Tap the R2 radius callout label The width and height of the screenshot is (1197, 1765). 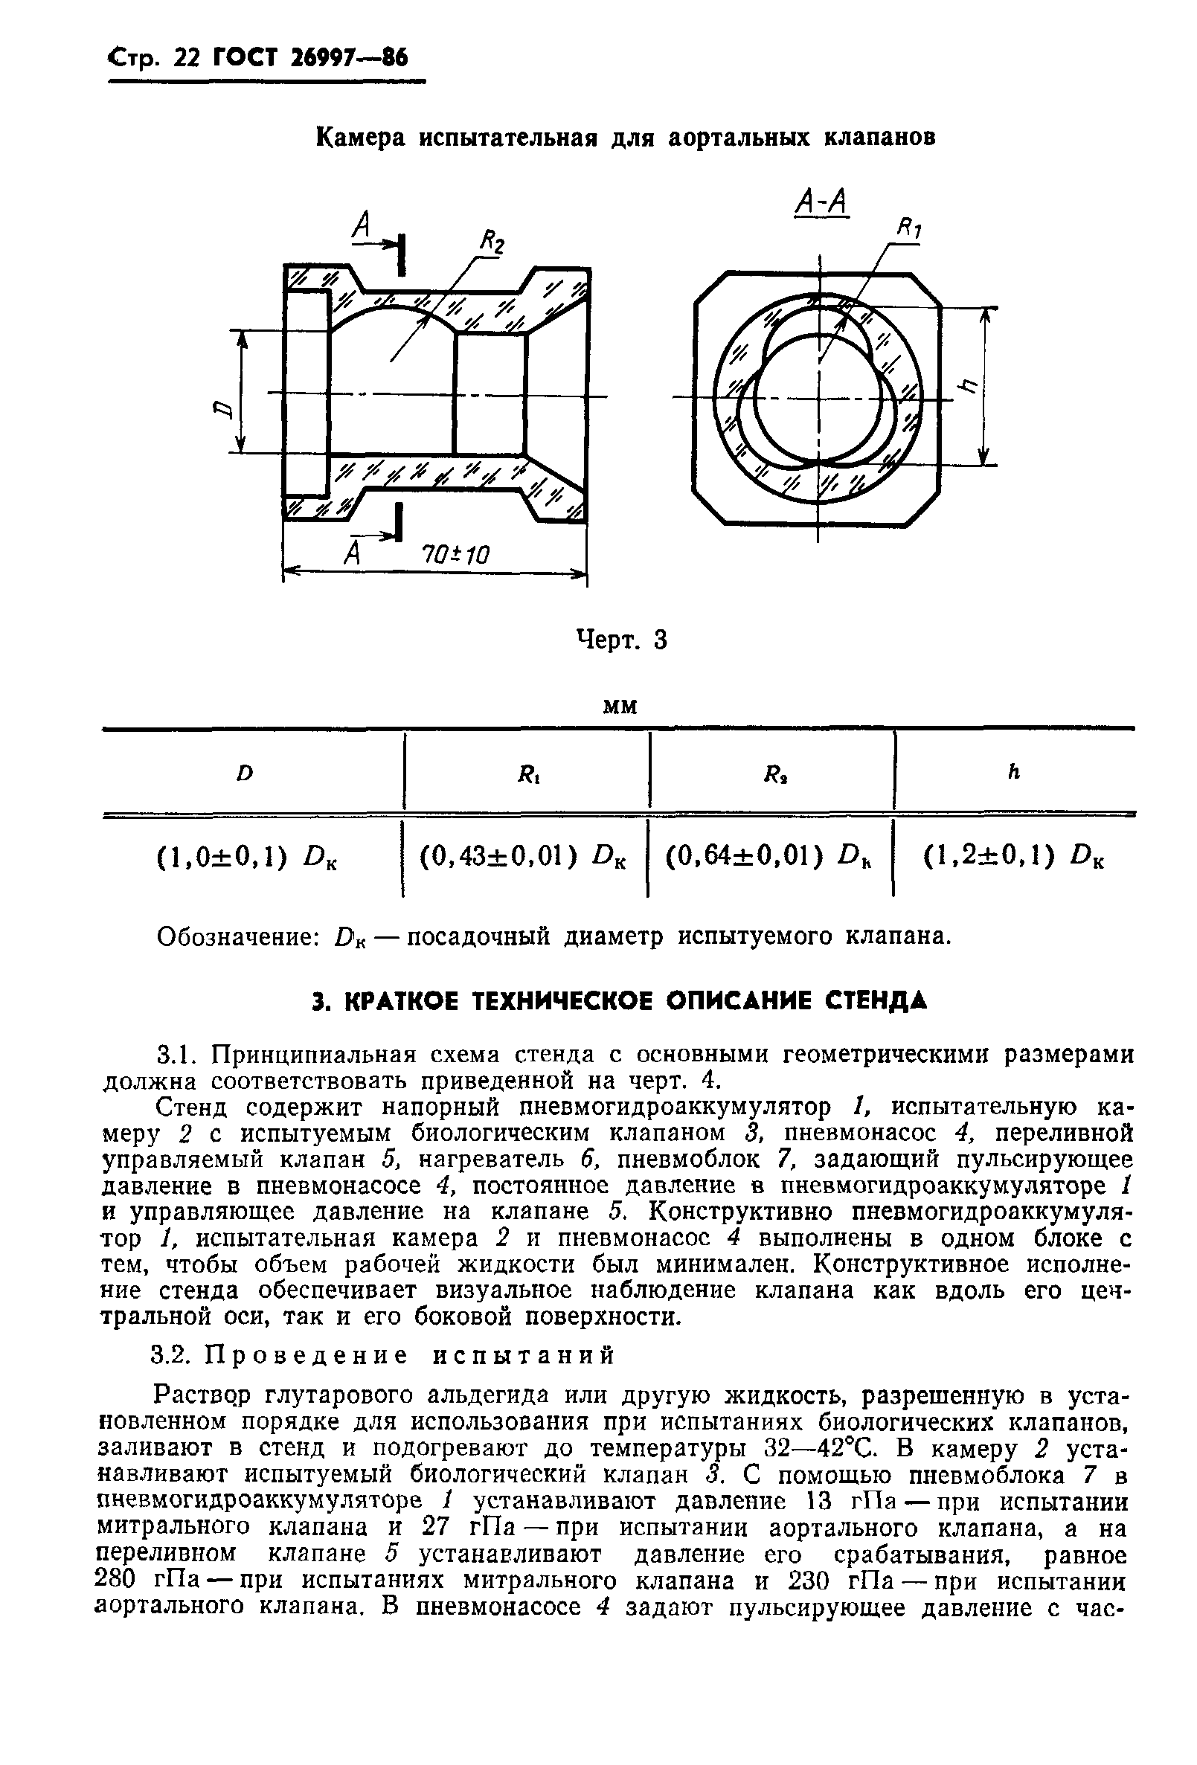(492, 244)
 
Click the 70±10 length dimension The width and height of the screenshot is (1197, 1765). (456, 554)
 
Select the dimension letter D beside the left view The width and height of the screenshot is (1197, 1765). (221, 411)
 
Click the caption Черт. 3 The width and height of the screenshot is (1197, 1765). (621, 640)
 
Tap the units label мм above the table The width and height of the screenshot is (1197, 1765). (619, 707)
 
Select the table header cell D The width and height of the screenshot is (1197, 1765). (244, 773)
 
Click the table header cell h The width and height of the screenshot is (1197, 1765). (1012, 771)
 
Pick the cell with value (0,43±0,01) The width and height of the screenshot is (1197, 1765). (524, 857)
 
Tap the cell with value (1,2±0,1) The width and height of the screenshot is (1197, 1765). (1013, 857)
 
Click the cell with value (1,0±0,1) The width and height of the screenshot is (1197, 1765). (248, 858)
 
